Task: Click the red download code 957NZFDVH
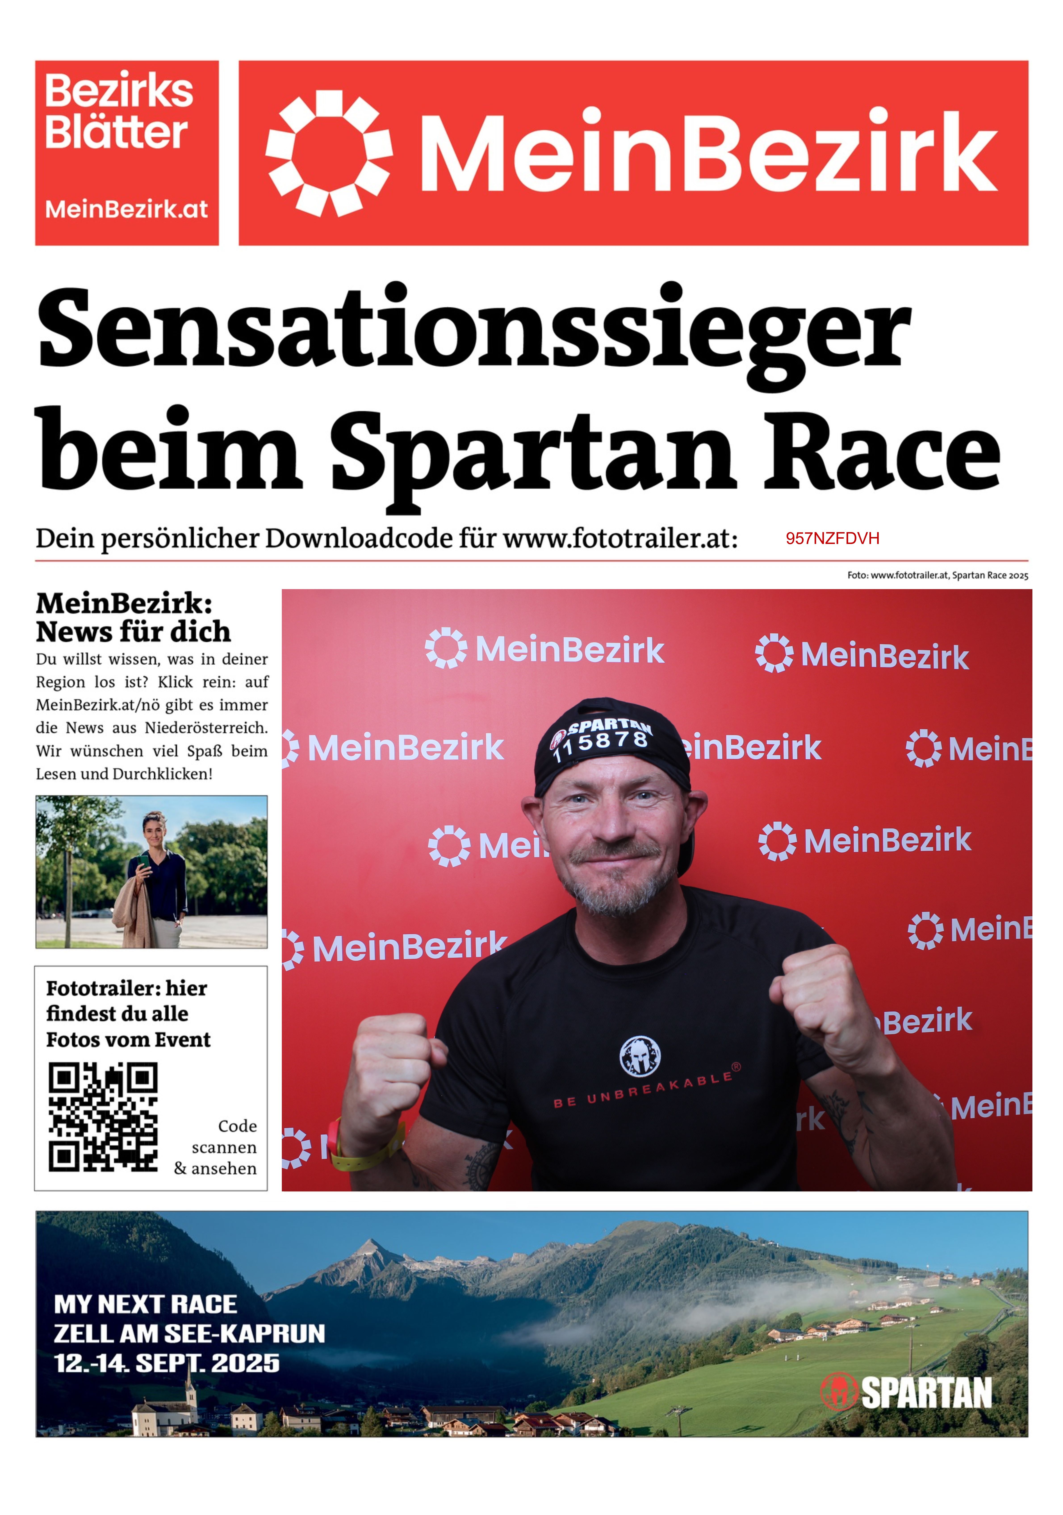(832, 538)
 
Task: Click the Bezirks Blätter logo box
(127, 153)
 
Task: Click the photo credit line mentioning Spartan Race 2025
(937, 575)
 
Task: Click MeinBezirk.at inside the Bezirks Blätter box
(127, 209)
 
